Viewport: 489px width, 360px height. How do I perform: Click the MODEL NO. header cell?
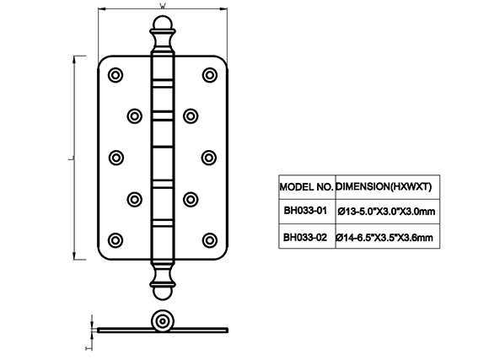307,187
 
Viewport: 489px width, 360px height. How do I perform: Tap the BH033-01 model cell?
305,211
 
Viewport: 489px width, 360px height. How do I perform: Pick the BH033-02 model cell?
305,238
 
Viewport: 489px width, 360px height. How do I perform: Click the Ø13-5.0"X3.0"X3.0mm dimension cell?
386,212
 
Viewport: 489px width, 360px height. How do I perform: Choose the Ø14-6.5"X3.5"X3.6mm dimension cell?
384,238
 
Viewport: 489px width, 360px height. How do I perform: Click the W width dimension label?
163,6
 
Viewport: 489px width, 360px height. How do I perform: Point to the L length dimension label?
71,159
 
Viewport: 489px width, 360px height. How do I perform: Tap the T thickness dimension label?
89,347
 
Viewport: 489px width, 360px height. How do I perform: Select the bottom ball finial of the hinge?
163,293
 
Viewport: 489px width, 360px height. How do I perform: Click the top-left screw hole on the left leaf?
116,75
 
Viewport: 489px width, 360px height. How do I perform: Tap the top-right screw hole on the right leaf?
210,75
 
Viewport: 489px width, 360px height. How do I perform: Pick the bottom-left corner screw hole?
116,240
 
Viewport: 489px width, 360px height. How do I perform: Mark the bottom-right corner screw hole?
210,240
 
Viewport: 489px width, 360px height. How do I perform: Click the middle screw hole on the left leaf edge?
116,158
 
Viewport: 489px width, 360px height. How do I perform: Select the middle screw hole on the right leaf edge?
209,158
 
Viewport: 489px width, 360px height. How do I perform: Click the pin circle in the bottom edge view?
163,321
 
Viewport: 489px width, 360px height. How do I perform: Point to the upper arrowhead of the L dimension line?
74,60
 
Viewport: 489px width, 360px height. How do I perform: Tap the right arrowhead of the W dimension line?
223,8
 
